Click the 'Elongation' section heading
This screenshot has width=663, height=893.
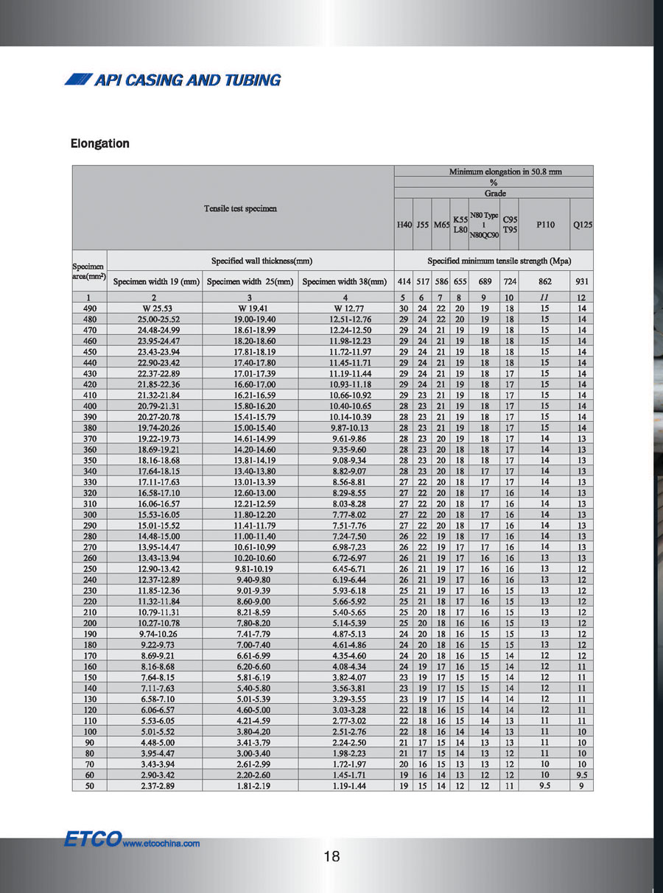(x=100, y=144)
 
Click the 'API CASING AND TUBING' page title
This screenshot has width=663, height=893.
(x=173, y=80)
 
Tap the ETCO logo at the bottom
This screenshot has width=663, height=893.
(x=91, y=839)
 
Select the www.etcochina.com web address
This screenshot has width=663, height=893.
(x=161, y=844)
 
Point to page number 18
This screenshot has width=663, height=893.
(x=331, y=856)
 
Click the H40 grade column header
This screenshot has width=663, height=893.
(x=404, y=224)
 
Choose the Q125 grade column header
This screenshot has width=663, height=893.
(x=582, y=224)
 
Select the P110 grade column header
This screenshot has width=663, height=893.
(x=545, y=224)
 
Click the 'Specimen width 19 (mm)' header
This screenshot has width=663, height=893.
(x=156, y=281)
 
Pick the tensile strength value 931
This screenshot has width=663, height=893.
(x=582, y=281)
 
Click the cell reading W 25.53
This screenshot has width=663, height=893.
(x=156, y=308)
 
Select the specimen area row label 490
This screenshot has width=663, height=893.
(x=90, y=308)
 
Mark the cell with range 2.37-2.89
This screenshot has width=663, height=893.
(x=156, y=786)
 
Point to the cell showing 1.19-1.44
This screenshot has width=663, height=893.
(x=346, y=786)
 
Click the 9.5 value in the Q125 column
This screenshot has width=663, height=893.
(x=582, y=775)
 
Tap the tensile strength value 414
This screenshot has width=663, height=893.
(x=404, y=281)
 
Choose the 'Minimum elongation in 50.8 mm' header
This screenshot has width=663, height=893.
(x=505, y=172)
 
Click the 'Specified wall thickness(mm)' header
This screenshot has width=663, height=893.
(x=251, y=261)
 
